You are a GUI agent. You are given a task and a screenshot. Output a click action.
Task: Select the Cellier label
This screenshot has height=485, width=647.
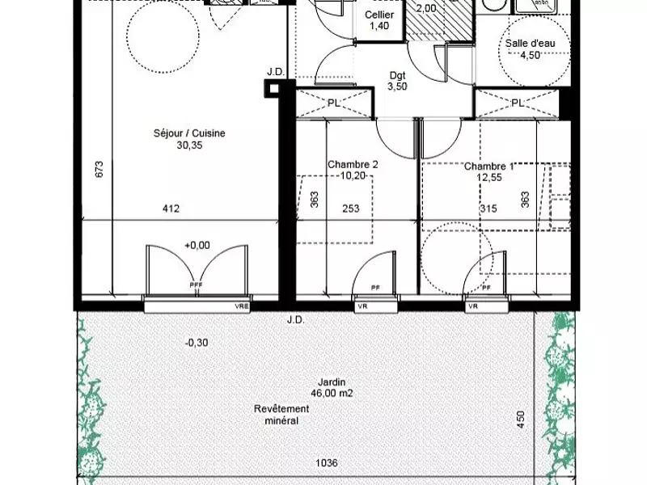tap(379, 15)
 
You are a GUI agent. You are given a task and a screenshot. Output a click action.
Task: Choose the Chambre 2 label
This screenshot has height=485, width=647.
tap(353, 164)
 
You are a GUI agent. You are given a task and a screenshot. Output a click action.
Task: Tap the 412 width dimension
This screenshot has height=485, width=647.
tap(171, 209)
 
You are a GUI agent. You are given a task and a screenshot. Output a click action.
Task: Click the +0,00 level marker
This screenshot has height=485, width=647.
tap(197, 245)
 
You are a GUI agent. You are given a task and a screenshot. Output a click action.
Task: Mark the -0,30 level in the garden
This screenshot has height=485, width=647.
tap(197, 342)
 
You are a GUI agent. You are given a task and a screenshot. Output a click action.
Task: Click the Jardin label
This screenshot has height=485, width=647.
tap(328, 382)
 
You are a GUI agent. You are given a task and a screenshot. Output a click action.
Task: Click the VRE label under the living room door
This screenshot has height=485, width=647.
tap(241, 307)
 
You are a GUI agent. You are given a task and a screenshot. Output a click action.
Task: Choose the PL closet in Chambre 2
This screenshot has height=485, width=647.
tap(334, 103)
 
